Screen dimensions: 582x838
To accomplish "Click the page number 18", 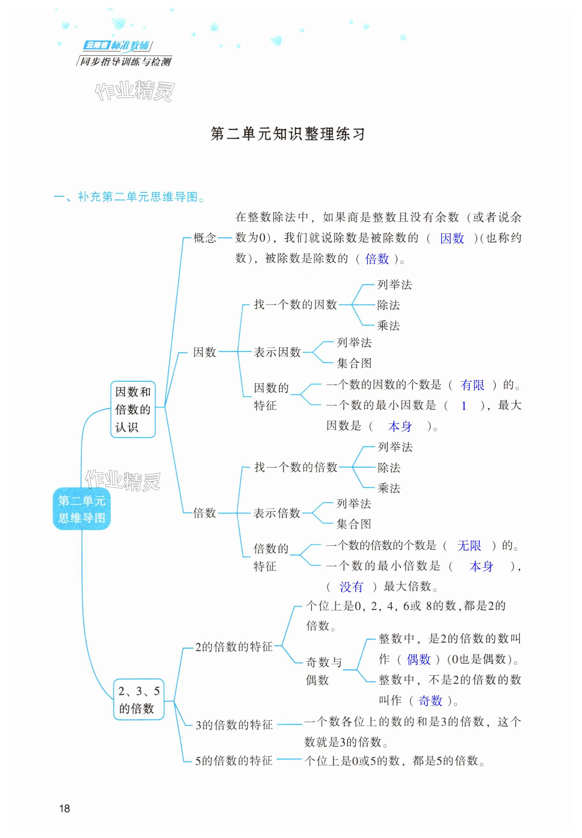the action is click(x=64, y=808).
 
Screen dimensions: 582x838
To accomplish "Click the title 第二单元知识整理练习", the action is click(x=288, y=134).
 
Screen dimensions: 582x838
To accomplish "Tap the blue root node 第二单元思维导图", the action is click(x=82, y=509).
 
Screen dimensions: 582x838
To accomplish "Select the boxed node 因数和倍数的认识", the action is click(x=133, y=409).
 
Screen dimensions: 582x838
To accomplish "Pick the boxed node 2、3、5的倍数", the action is click(x=139, y=699).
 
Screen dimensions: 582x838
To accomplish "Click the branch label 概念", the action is click(x=205, y=238).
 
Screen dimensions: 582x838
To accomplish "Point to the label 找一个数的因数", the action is click(x=295, y=304).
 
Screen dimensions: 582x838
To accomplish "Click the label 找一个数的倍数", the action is click(x=295, y=467).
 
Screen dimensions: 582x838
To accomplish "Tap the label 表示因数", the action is click(x=277, y=352).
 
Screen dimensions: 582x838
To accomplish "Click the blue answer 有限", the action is click(x=472, y=385).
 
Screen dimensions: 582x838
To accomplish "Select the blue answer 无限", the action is click(x=469, y=546).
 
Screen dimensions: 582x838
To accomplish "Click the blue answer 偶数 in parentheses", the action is click(x=419, y=659).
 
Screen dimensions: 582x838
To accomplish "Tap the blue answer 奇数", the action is click(x=430, y=700).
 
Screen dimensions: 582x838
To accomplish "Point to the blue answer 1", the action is click(x=464, y=405).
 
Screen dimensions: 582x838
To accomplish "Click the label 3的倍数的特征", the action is click(x=234, y=725).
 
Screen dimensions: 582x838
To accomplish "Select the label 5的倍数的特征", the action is click(x=234, y=760).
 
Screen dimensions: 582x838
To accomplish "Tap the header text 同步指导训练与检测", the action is click(x=125, y=61).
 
